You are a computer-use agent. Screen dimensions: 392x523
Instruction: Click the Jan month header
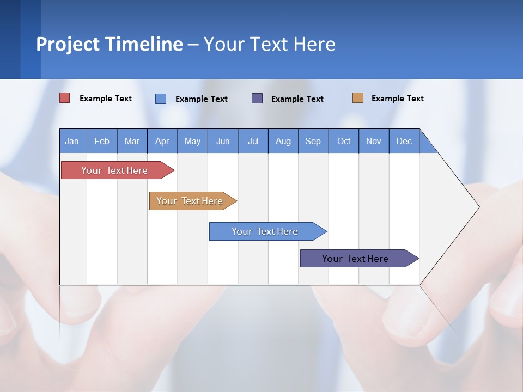click(72, 141)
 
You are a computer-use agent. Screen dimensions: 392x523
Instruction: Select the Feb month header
click(102, 141)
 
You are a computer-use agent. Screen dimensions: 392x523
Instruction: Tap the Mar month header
click(132, 141)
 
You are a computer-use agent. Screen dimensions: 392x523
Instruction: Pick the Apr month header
click(162, 141)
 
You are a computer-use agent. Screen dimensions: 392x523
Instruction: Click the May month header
click(192, 141)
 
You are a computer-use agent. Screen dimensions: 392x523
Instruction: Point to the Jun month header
click(223, 141)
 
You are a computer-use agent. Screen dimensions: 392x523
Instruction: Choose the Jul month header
click(253, 141)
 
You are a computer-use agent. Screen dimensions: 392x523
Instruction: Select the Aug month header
click(283, 141)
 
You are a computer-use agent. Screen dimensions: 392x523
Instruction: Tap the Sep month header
click(313, 141)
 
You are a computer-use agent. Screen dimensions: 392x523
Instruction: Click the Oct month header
click(344, 141)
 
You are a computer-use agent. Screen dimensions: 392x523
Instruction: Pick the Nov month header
click(374, 141)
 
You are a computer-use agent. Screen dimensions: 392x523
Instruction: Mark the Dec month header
click(404, 141)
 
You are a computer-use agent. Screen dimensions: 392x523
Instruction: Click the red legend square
click(65, 98)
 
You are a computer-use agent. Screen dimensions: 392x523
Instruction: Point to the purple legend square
click(257, 98)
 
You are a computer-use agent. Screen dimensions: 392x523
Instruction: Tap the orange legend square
click(358, 98)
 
